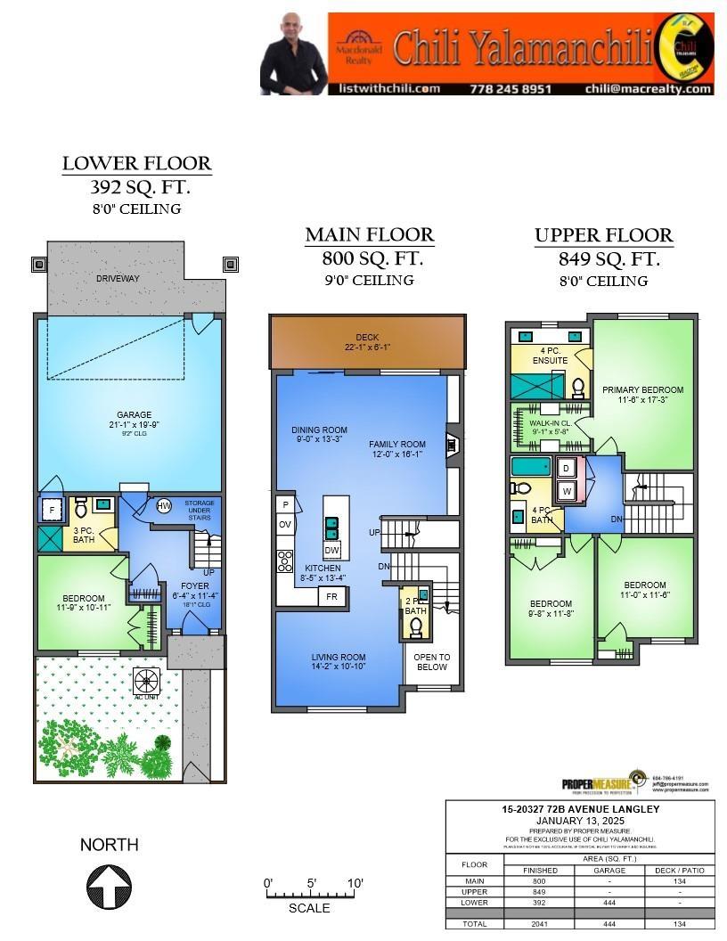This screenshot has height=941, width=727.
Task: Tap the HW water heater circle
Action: click(x=164, y=506)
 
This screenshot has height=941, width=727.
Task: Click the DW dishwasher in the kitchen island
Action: click(x=331, y=551)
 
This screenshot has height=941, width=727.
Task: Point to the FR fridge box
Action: click(x=332, y=596)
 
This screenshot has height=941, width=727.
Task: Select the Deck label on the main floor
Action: click(x=367, y=337)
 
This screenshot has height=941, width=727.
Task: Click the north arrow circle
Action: click(x=110, y=888)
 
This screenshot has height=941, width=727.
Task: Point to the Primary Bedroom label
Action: click(x=642, y=389)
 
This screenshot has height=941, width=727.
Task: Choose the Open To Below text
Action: click(x=432, y=661)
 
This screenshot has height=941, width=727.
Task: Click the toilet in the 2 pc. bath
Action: click(x=415, y=626)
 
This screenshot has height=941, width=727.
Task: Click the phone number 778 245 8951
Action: click(x=511, y=88)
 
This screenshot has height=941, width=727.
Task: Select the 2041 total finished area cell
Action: click(x=540, y=924)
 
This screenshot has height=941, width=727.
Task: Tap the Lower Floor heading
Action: click(x=136, y=163)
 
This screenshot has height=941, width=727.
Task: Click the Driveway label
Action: click(x=118, y=279)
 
